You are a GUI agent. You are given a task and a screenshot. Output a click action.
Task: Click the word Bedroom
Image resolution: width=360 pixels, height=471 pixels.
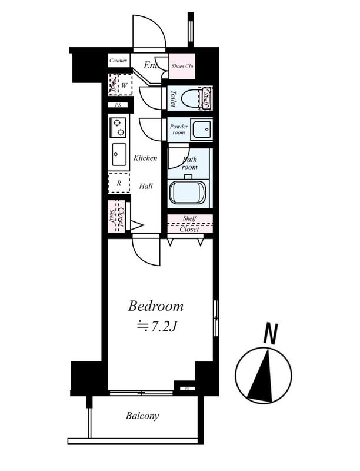point(156,306)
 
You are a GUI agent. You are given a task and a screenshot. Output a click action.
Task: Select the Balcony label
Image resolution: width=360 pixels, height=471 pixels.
point(142,416)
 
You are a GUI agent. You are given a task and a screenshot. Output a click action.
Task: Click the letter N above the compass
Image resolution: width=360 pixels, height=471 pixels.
point(270,334)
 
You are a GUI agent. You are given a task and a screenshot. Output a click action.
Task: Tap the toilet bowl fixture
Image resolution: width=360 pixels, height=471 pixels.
point(190,97)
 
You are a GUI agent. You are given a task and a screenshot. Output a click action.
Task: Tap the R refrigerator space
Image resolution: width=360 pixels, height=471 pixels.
point(119,183)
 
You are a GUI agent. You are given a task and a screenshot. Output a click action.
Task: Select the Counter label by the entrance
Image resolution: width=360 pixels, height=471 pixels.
point(119,61)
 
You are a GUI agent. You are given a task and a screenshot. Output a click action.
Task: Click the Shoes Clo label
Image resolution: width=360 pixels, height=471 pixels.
point(182,66)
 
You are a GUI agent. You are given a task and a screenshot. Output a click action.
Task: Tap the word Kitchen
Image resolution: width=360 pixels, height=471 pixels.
point(145,158)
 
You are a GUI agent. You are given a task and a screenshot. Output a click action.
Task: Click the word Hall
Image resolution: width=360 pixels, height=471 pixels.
point(146,186)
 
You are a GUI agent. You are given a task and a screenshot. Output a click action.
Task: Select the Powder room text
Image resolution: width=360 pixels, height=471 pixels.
point(178,130)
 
